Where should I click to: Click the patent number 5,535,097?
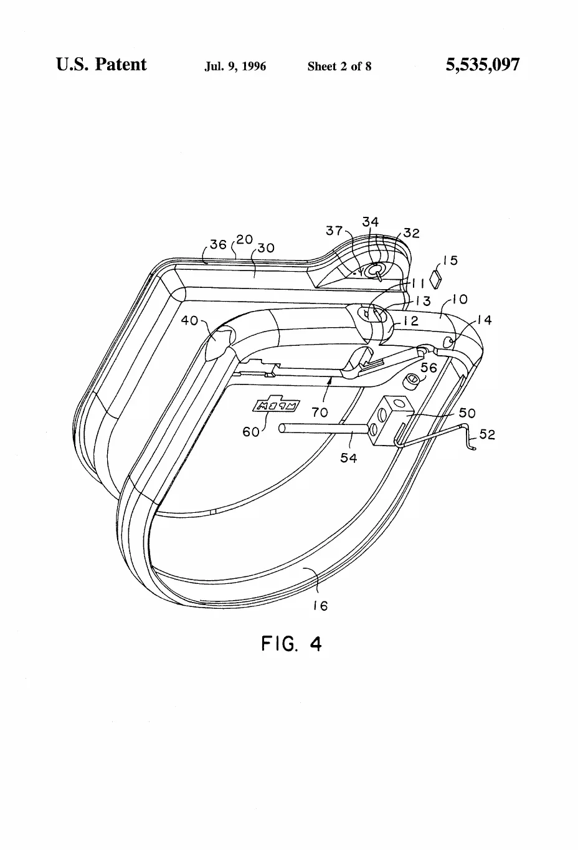coord(482,65)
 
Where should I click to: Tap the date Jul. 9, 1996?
coord(235,67)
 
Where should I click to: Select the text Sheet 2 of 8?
coord(339,67)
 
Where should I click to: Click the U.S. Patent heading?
coord(102,64)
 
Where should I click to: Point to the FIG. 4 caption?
coord(291,644)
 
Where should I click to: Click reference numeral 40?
coord(189,321)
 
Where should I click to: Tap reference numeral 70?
coord(320,412)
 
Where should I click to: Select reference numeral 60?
coord(250,432)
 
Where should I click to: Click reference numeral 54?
coord(349,458)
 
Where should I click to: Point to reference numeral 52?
coord(487,434)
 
